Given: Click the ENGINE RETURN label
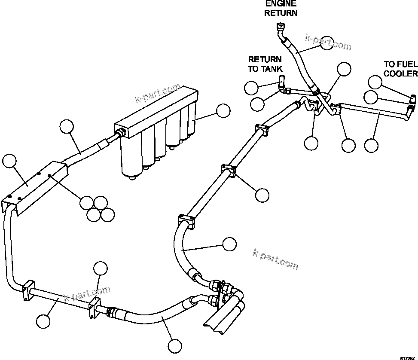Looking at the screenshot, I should (x=281, y=8).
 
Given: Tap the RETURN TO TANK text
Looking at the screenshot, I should (x=265, y=64).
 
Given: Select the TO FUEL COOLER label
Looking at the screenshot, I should (x=400, y=69).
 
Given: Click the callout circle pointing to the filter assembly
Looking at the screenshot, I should (x=223, y=111).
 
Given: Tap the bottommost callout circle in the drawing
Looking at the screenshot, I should (x=174, y=346).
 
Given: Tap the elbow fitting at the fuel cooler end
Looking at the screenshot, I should (x=411, y=100).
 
